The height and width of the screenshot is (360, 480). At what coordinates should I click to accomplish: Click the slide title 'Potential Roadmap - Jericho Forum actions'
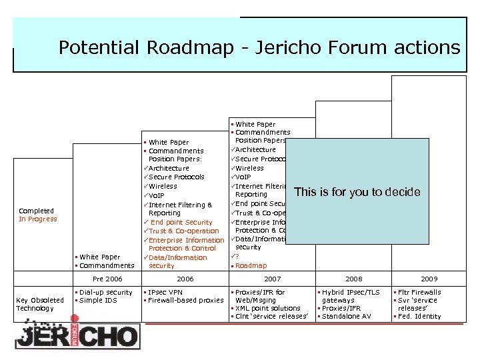259,47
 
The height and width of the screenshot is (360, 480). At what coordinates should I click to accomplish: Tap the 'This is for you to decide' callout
357,192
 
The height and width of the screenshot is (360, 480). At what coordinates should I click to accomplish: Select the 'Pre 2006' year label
107,279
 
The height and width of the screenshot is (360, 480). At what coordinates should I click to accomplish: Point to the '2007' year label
273,279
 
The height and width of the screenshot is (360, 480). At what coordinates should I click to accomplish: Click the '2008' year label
354,279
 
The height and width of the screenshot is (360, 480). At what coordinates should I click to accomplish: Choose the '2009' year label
429,279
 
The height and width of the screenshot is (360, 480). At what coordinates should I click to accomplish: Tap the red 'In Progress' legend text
38,219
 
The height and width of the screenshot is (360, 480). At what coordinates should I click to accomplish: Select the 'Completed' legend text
36,211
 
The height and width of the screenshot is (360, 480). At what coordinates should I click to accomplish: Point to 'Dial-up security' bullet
105,292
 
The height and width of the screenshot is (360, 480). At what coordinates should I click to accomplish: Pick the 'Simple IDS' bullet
99,301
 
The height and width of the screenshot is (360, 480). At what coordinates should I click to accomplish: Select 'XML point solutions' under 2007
268,309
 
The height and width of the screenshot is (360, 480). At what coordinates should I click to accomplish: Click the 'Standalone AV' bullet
347,316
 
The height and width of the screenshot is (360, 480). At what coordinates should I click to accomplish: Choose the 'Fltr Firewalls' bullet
419,292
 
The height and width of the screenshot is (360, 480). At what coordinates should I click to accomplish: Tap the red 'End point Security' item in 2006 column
181,222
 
